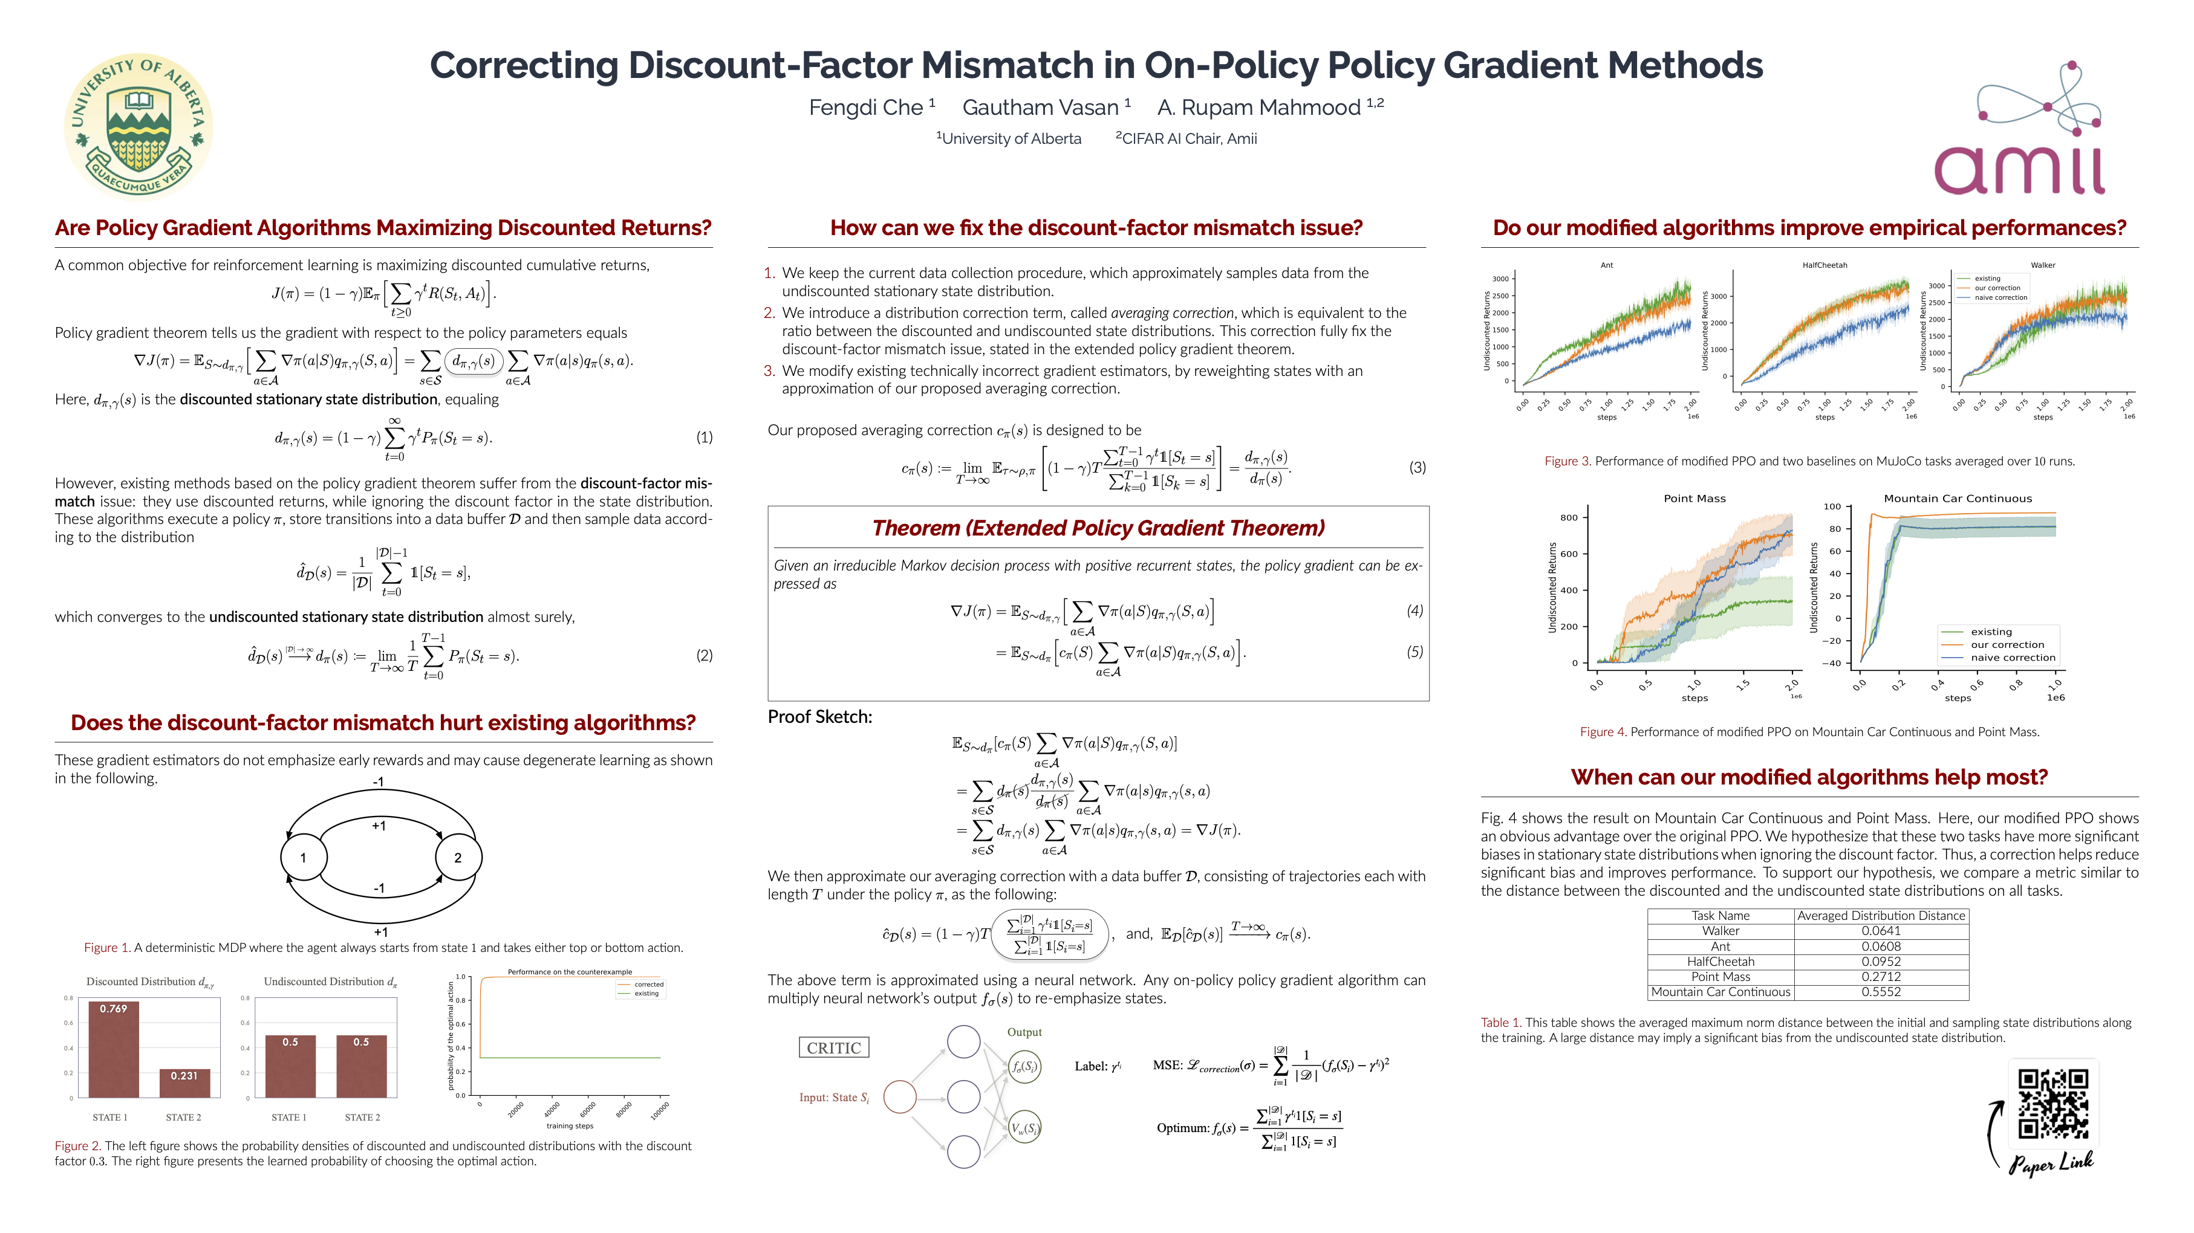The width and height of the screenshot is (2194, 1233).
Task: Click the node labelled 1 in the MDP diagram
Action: coord(303,858)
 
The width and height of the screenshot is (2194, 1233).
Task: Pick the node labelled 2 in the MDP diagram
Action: coord(458,858)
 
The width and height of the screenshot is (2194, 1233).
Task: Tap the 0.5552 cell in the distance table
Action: coord(1881,992)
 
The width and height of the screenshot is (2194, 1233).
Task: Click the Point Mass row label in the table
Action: coord(1720,977)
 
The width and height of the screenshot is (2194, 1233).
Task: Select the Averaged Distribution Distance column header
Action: coord(1881,916)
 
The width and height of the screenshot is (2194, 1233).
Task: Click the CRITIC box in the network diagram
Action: coord(834,1048)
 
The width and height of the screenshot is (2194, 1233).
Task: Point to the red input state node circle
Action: coord(899,1097)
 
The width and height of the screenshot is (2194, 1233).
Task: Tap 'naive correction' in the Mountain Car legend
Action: coord(2013,658)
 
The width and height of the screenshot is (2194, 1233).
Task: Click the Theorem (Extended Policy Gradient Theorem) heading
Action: coord(1098,528)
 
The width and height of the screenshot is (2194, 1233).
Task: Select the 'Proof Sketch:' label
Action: coord(819,717)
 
